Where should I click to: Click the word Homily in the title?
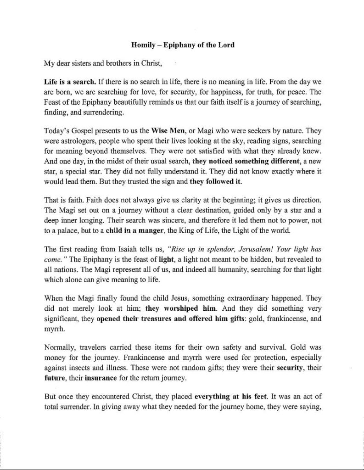point(143,45)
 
